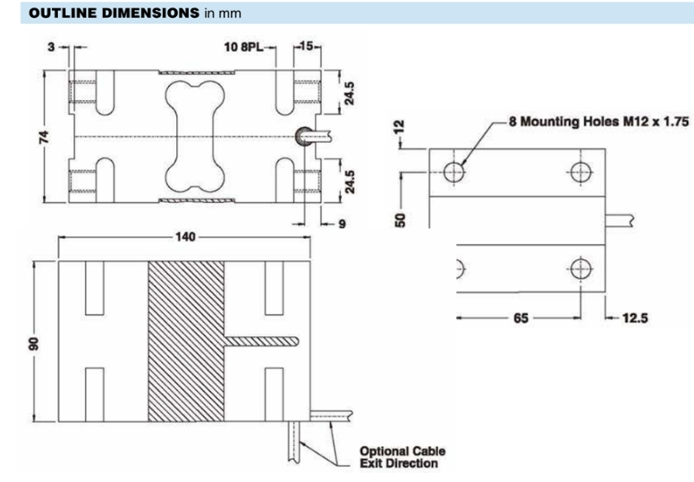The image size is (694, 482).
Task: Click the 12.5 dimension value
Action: tap(635, 317)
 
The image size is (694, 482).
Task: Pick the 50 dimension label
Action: tap(404, 219)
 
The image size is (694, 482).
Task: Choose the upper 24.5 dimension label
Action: tap(351, 94)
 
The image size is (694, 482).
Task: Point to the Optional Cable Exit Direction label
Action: tap(402, 457)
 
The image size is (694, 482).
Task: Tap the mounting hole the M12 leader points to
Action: tap(455, 171)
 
